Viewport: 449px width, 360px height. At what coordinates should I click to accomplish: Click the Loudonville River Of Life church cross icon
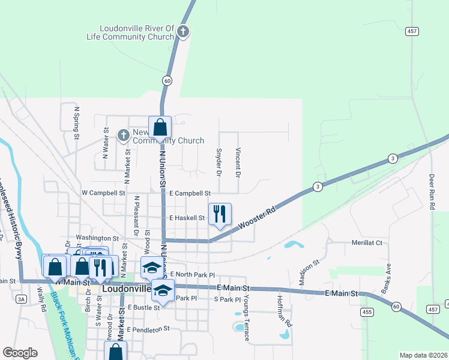pos(184,32)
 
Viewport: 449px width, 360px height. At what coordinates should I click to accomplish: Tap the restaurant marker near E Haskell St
pos(220,213)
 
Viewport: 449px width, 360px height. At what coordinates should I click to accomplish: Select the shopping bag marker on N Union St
pos(160,127)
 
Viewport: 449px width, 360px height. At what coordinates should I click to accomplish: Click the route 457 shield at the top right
pos(412,31)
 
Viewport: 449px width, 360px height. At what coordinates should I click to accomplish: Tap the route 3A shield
pos(22,299)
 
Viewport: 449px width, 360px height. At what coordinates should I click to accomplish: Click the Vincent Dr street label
pos(238,163)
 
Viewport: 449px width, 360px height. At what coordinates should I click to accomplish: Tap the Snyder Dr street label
pos(218,163)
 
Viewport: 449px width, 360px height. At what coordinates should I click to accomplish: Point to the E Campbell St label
pos(190,194)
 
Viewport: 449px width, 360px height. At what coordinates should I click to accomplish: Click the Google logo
pos(20,353)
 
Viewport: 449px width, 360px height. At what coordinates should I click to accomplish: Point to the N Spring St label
pos(77,123)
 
